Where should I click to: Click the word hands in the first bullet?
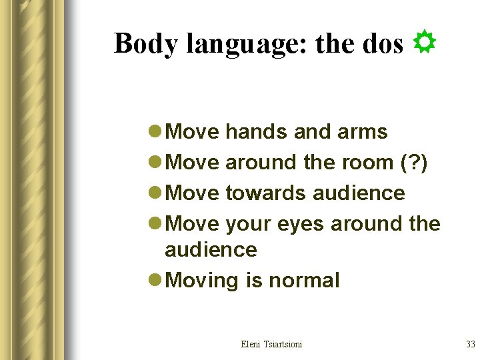(257, 132)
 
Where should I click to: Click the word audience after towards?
(359, 193)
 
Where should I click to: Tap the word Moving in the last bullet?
(203, 281)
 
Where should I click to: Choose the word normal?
(304, 280)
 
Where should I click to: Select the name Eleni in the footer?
(252, 344)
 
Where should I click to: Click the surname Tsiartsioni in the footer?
(285, 344)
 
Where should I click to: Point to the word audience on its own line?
(211, 250)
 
